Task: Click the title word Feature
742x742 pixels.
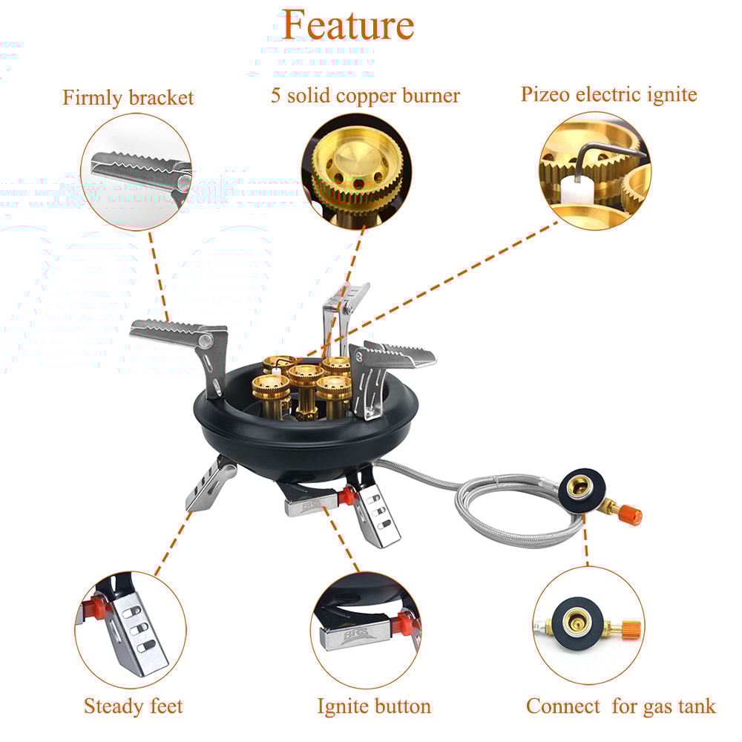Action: tap(347, 25)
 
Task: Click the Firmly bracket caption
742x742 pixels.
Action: tap(128, 98)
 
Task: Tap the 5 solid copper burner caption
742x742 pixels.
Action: tap(365, 96)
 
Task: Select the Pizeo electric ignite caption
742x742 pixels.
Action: tap(608, 94)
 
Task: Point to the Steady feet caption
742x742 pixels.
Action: tap(133, 706)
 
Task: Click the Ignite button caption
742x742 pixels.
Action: tap(373, 706)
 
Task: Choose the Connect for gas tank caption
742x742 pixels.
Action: tap(621, 706)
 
